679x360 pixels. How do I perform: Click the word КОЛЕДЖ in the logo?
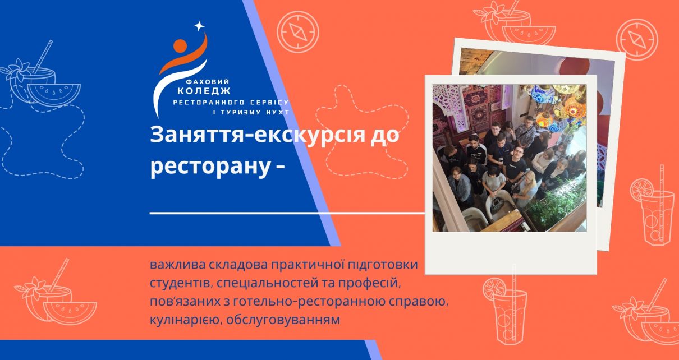204,91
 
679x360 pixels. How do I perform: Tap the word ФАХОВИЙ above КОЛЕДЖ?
207,81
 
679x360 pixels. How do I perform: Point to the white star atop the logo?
199,26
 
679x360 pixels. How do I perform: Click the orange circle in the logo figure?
180,45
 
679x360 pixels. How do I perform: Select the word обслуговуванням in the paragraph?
283,320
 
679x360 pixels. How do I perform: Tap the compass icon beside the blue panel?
298,31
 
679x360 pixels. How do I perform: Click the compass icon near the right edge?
637,39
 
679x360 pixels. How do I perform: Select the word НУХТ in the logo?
277,112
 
